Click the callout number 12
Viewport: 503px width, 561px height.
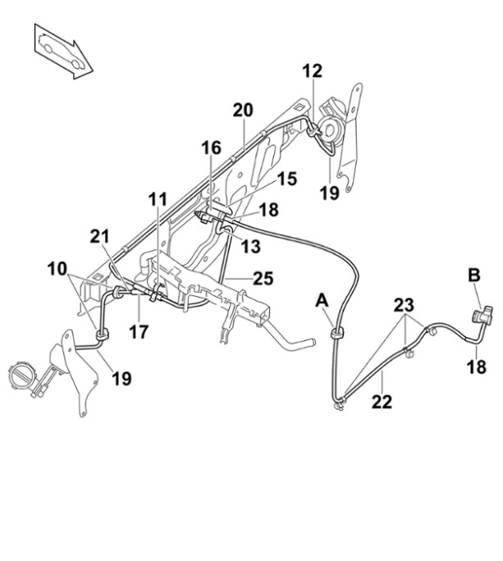coord(312,71)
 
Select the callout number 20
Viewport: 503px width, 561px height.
coord(243,110)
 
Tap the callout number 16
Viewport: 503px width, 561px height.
coord(212,148)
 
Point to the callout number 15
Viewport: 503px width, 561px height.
coord(286,179)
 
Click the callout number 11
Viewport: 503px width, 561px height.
coord(158,198)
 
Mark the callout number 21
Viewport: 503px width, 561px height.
coord(99,238)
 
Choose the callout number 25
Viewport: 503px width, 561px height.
coord(263,279)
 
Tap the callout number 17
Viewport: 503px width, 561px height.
coord(139,334)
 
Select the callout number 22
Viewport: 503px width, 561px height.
coord(382,402)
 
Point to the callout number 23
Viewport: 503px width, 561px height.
coord(404,305)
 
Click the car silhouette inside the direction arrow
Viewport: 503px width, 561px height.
coord(62,51)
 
